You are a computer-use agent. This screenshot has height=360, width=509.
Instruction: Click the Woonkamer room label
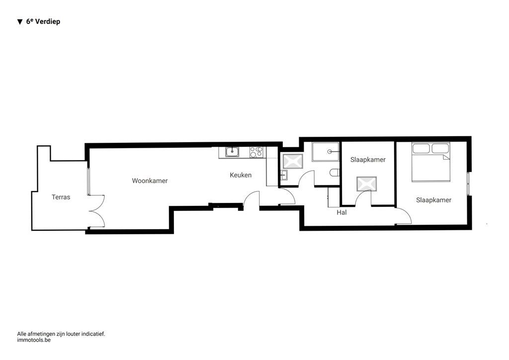click(150, 181)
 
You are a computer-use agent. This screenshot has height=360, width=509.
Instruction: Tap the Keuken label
click(241, 175)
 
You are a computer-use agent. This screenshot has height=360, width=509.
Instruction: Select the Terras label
click(61, 197)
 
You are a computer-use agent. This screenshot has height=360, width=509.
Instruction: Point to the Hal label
click(341, 212)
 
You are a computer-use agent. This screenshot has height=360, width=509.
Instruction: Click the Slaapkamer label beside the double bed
click(433, 200)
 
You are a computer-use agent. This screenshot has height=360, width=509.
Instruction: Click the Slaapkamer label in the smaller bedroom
click(368, 160)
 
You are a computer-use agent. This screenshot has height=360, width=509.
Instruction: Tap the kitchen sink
click(232, 152)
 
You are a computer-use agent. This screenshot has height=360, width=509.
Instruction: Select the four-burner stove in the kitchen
click(256, 152)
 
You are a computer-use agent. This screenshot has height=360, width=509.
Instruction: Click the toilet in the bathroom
click(335, 173)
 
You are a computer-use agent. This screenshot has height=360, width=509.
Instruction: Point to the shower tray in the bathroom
click(326, 152)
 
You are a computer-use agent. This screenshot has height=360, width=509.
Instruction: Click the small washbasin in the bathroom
click(283, 175)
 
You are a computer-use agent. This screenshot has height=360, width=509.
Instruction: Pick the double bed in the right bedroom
click(430, 162)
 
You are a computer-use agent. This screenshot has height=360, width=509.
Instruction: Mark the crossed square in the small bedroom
click(366, 184)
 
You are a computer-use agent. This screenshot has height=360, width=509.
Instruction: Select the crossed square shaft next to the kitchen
click(292, 161)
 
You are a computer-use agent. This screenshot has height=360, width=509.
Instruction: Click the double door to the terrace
click(97, 211)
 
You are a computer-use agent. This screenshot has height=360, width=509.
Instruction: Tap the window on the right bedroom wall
click(468, 184)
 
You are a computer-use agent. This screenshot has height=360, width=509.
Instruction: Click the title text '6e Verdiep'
click(43, 22)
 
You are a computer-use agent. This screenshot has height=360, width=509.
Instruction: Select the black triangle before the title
click(20, 22)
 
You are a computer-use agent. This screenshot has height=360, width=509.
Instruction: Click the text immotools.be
click(34, 340)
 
